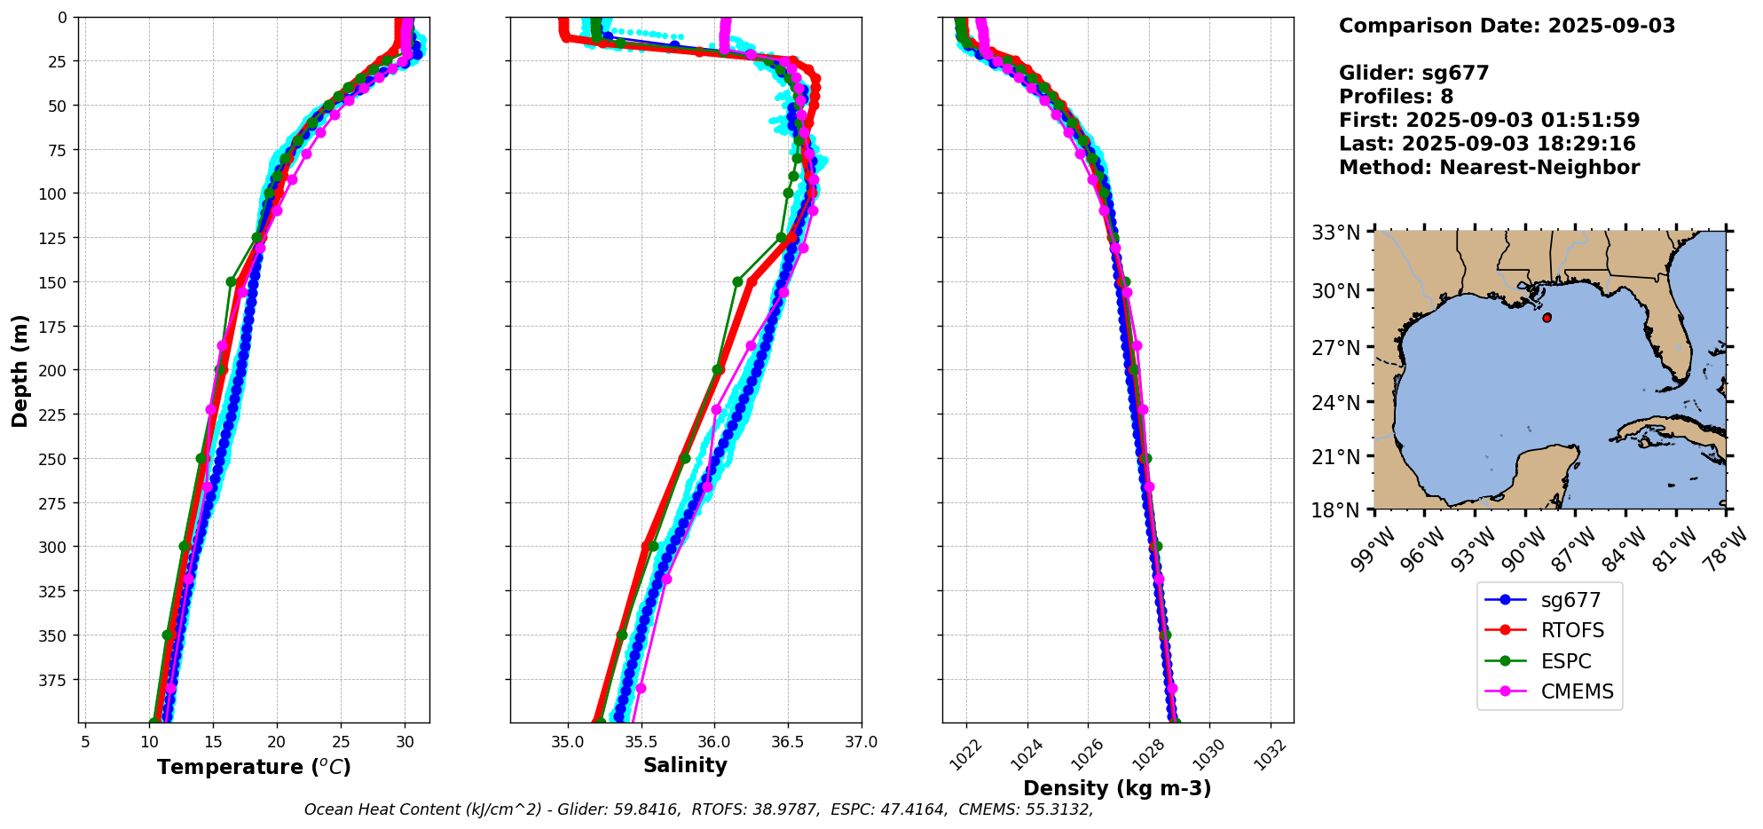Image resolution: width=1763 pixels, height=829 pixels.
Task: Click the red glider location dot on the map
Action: (x=1547, y=318)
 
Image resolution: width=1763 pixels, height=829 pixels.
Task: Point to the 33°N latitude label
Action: (x=1335, y=233)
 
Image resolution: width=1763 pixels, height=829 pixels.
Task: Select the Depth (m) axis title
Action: (x=20, y=370)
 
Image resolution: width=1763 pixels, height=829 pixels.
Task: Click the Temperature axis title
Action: (x=254, y=767)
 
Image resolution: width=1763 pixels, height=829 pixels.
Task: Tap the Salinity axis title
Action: (x=685, y=766)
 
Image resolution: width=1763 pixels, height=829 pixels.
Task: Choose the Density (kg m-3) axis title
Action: (x=1117, y=788)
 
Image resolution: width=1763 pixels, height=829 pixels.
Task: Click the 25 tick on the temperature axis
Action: (x=341, y=741)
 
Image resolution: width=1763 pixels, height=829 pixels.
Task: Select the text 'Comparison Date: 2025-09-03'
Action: (x=1507, y=26)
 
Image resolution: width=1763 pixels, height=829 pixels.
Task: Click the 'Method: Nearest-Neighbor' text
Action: (x=1489, y=168)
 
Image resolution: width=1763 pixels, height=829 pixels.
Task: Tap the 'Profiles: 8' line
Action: (x=1396, y=97)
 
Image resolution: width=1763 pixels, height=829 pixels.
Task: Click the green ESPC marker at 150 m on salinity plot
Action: (x=737, y=281)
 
